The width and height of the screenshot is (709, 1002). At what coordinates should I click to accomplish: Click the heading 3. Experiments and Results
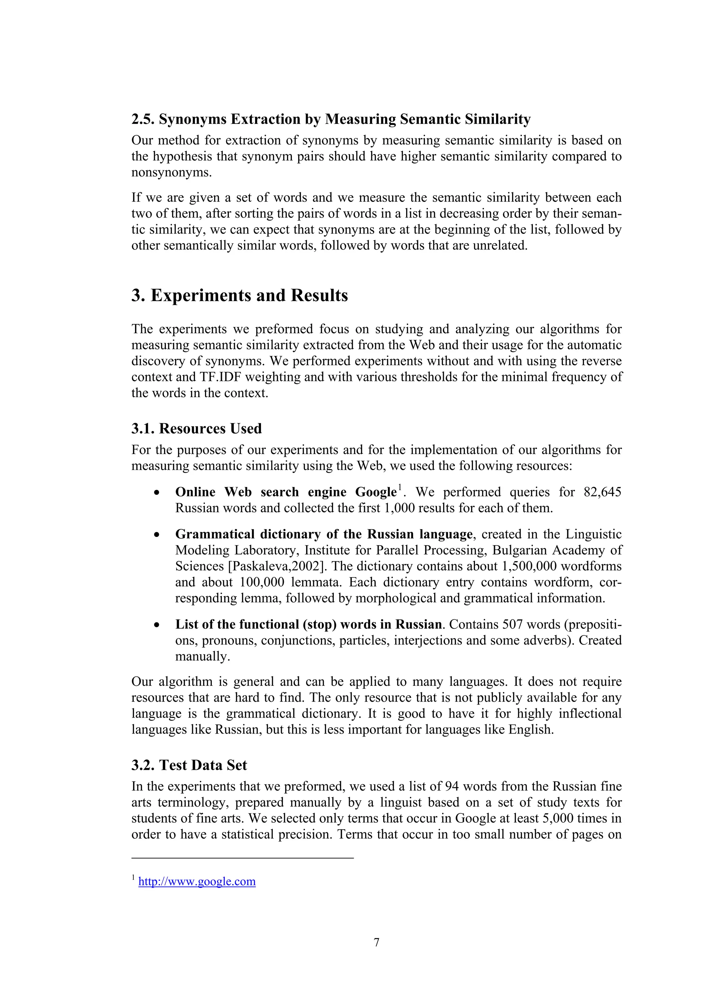(x=240, y=295)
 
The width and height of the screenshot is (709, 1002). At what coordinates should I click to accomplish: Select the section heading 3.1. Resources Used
(x=196, y=429)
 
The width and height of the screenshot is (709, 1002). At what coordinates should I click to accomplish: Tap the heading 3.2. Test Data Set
(x=189, y=765)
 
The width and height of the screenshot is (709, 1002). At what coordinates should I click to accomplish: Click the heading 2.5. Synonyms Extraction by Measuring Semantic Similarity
(x=331, y=119)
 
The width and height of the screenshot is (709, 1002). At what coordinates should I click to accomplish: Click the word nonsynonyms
(x=171, y=172)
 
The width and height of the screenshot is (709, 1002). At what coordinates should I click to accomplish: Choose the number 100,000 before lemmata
(x=262, y=582)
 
